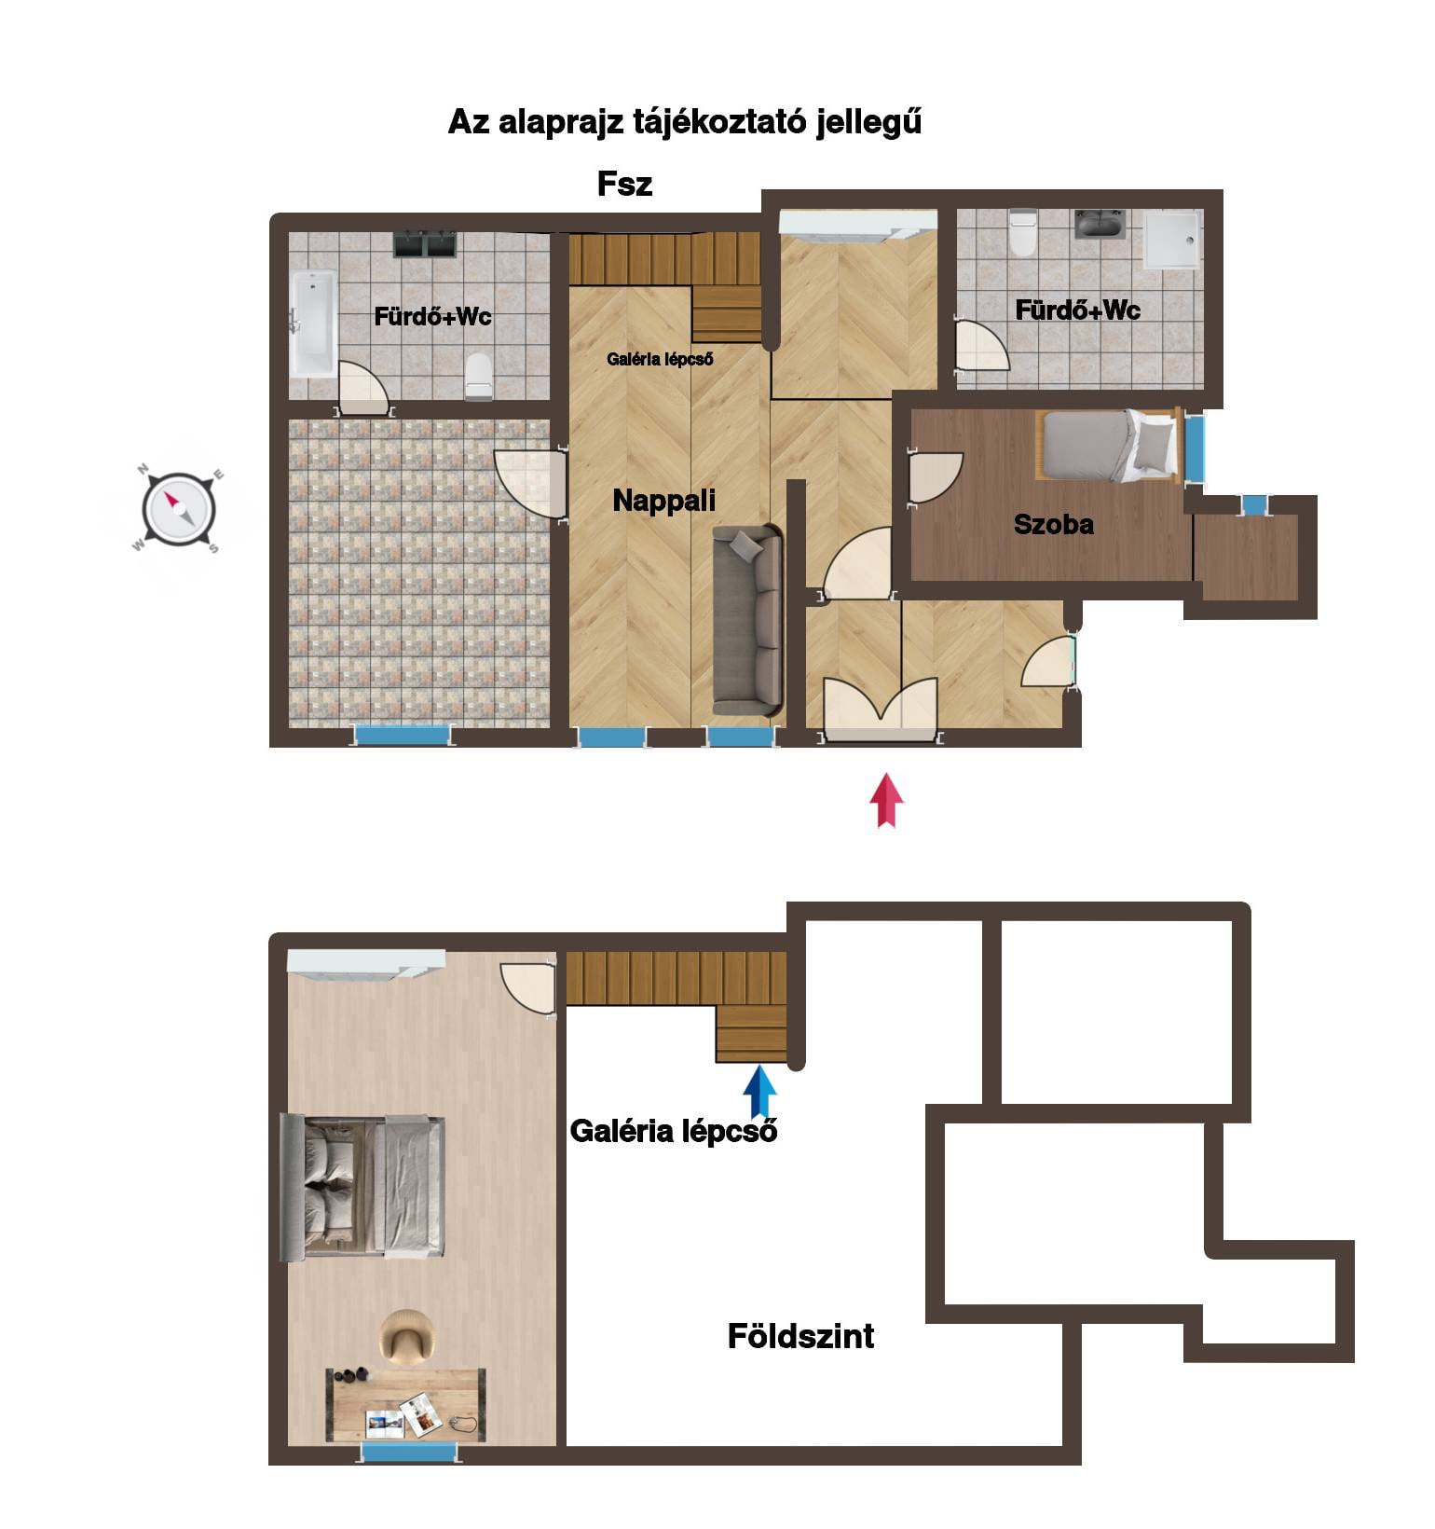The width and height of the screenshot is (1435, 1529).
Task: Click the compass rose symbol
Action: click(179, 510)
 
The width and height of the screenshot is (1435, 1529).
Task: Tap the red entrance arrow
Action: click(886, 799)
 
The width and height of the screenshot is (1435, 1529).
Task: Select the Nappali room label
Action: click(664, 501)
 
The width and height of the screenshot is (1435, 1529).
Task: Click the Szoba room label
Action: click(1054, 524)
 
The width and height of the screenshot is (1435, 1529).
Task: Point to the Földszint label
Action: click(800, 1336)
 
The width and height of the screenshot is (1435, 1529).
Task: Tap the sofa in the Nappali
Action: click(747, 620)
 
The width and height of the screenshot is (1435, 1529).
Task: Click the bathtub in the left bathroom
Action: click(313, 324)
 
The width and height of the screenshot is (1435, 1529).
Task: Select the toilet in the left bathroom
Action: click(478, 376)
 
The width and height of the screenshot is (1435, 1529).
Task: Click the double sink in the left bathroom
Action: click(425, 244)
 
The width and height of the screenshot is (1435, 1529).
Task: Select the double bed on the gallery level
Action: click(363, 1186)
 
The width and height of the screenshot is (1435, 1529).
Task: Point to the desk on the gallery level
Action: click(405, 1404)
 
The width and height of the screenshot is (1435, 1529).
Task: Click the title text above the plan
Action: click(685, 122)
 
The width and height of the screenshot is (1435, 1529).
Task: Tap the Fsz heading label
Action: click(624, 184)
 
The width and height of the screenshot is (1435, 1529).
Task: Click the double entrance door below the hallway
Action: click(880, 710)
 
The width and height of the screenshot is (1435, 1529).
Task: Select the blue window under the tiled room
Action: click(403, 735)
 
